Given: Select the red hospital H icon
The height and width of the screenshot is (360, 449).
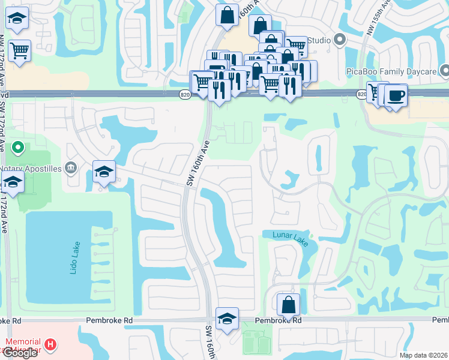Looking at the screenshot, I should [52, 345].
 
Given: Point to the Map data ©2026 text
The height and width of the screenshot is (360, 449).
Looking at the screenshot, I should [424, 355].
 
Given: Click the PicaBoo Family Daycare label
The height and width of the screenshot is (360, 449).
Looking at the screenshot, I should [391, 72].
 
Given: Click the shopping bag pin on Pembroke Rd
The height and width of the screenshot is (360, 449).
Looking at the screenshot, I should [289, 304].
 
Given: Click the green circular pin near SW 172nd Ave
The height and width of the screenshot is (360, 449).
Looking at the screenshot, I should [18, 146].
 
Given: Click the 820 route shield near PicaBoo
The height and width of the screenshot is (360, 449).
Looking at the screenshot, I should [362, 94].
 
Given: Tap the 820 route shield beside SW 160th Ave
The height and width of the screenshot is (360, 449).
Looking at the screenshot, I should [184, 94].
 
